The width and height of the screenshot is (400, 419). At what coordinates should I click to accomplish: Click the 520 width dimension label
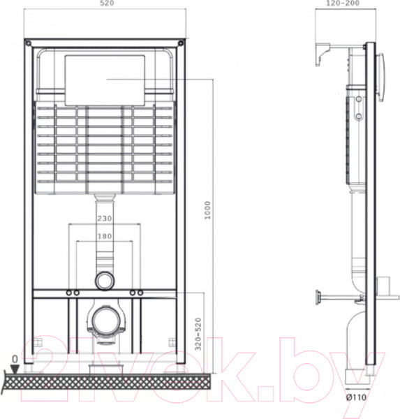click(x=107, y=4)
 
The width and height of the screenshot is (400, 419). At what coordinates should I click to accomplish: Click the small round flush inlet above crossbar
click(x=105, y=280)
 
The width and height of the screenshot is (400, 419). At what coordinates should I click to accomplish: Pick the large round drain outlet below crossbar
click(x=105, y=322)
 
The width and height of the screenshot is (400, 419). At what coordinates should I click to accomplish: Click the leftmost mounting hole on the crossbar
click(x=70, y=291)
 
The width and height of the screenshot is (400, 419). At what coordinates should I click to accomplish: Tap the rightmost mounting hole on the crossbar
click(x=141, y=291)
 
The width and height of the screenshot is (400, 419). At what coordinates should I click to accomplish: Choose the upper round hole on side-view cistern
click(x=359, y=98)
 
